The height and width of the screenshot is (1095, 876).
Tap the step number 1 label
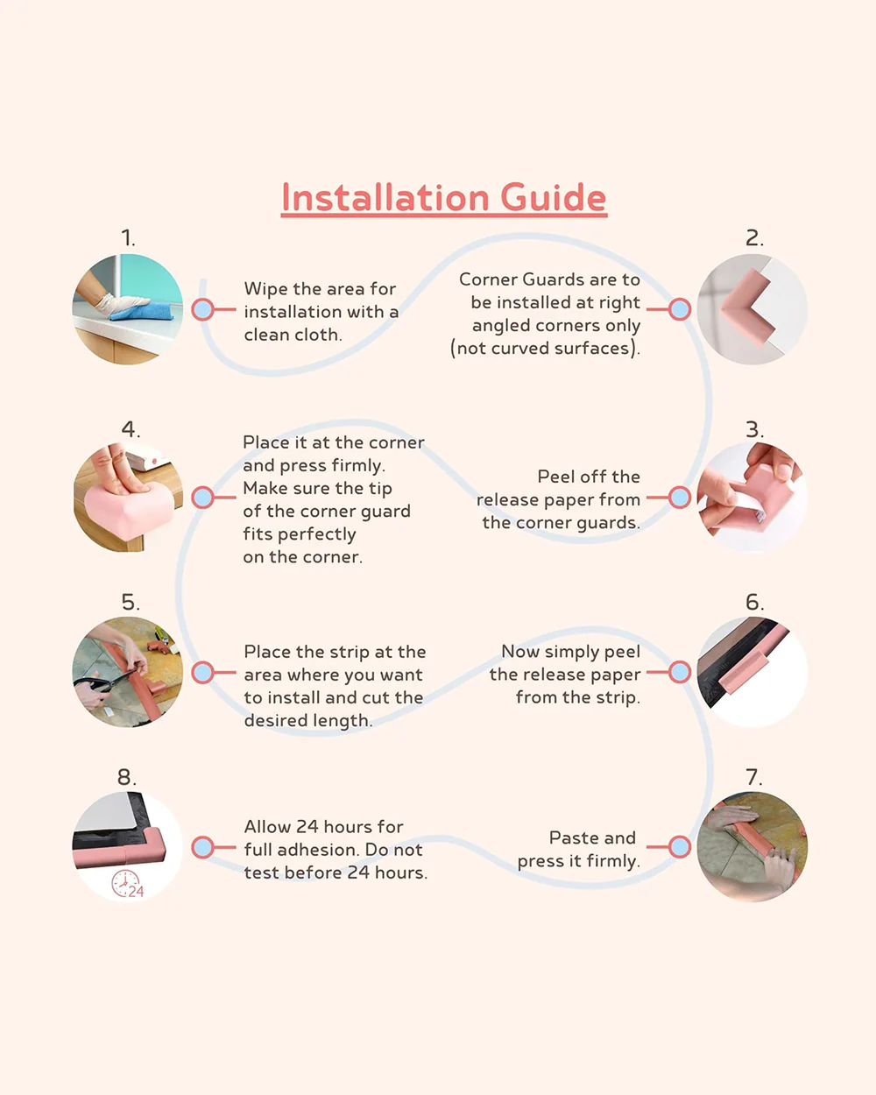[x=128, y=238]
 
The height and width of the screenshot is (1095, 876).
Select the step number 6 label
[x=754, y=602]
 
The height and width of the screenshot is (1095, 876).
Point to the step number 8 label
[x=127, y=777]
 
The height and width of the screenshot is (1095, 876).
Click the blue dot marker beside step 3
[x=680, y=498]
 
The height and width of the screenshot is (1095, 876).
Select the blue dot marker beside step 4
[x=202, y=498]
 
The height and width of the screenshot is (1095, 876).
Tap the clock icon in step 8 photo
[x=125, y=884]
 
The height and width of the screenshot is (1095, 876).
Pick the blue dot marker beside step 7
[x=680, y=847]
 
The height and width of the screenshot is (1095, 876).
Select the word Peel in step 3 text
[x=556, y=477]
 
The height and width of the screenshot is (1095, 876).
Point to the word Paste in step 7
[x=572, y=838]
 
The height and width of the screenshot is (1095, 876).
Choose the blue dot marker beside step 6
[x=680, y=672]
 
